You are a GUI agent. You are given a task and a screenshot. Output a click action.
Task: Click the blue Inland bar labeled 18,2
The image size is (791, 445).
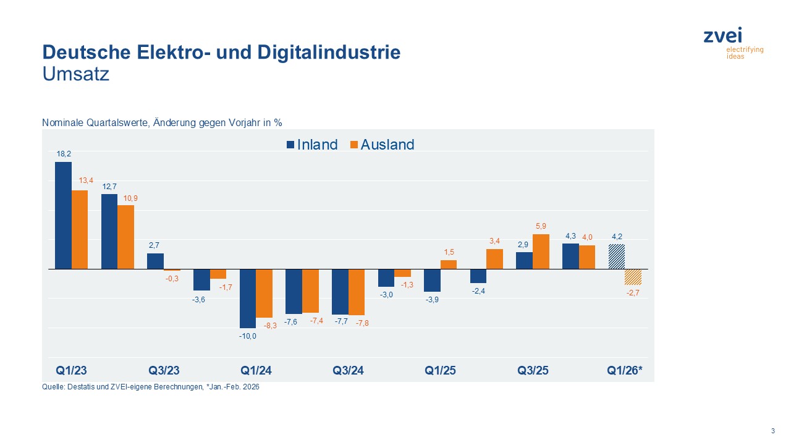point(63,215)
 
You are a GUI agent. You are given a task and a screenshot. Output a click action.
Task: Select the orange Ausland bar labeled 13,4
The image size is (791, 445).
point(80,229)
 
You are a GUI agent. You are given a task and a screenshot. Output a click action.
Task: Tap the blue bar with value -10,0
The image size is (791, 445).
point(248,298)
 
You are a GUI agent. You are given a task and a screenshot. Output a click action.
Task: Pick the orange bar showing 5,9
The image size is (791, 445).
point(541,252)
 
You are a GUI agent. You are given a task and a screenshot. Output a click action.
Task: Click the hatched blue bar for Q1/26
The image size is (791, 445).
point(616,256)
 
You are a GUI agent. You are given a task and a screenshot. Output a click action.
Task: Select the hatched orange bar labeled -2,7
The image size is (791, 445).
point(633,277)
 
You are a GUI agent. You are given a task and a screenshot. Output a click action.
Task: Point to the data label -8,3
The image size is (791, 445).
point(269,325)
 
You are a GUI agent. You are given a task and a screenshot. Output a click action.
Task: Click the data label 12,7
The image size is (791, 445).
point(109,186)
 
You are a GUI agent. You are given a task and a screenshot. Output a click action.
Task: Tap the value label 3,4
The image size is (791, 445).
point(494,240)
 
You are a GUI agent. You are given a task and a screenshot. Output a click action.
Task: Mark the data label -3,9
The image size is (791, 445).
point(432,300)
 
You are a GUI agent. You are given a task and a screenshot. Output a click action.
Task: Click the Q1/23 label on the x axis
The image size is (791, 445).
point(71,371)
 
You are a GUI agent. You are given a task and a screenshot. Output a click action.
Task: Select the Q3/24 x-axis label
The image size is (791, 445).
point(348,371)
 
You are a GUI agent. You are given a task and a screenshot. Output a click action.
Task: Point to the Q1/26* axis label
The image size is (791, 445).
point(624,371)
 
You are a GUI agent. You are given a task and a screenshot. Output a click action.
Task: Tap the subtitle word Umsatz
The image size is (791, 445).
point(75,74)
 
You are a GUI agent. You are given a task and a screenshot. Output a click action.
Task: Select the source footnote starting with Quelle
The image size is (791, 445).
point(150,388)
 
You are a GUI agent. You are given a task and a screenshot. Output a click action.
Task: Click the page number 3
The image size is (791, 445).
point(772,431)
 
